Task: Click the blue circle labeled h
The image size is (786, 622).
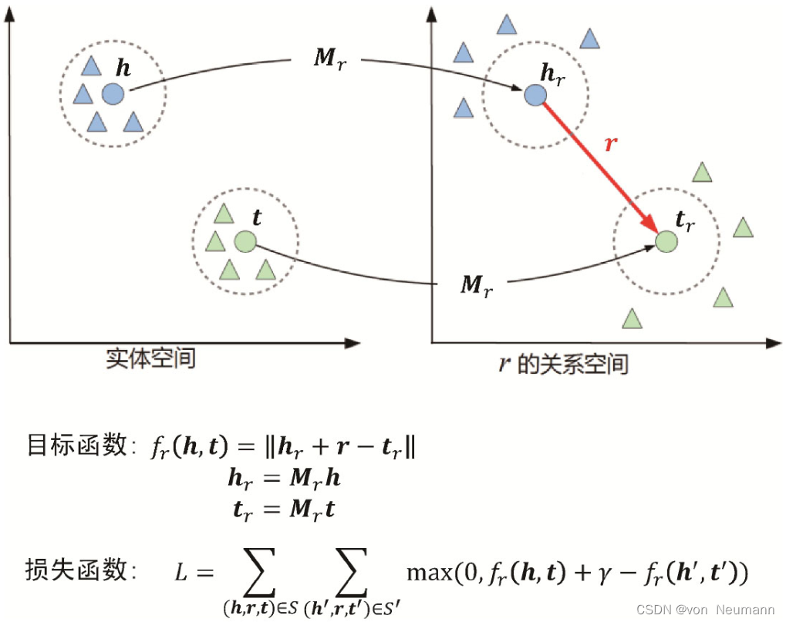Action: pyautogui.click(x=113, y=94)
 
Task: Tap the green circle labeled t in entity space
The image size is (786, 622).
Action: pyautogui.click(x=245, y=241)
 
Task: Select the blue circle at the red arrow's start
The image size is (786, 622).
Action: pyautogui.click(x=535, y=95)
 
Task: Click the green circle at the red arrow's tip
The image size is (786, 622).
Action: pyautogui.click(x=666, y=241)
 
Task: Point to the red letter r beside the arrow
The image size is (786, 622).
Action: pyautogui.click(x=611, y=143)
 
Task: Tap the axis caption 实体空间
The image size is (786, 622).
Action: pyautogui.click(x=151, y=358)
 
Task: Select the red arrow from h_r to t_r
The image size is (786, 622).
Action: pyautogui.click(x=598, y=166)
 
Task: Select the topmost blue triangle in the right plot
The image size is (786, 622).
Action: pyautogui.click(x=506, y=25)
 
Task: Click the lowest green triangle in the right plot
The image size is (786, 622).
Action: pyautogui.click(x=632, y=318)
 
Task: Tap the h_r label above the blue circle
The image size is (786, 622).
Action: pyautogui.click(x=553, y=73)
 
